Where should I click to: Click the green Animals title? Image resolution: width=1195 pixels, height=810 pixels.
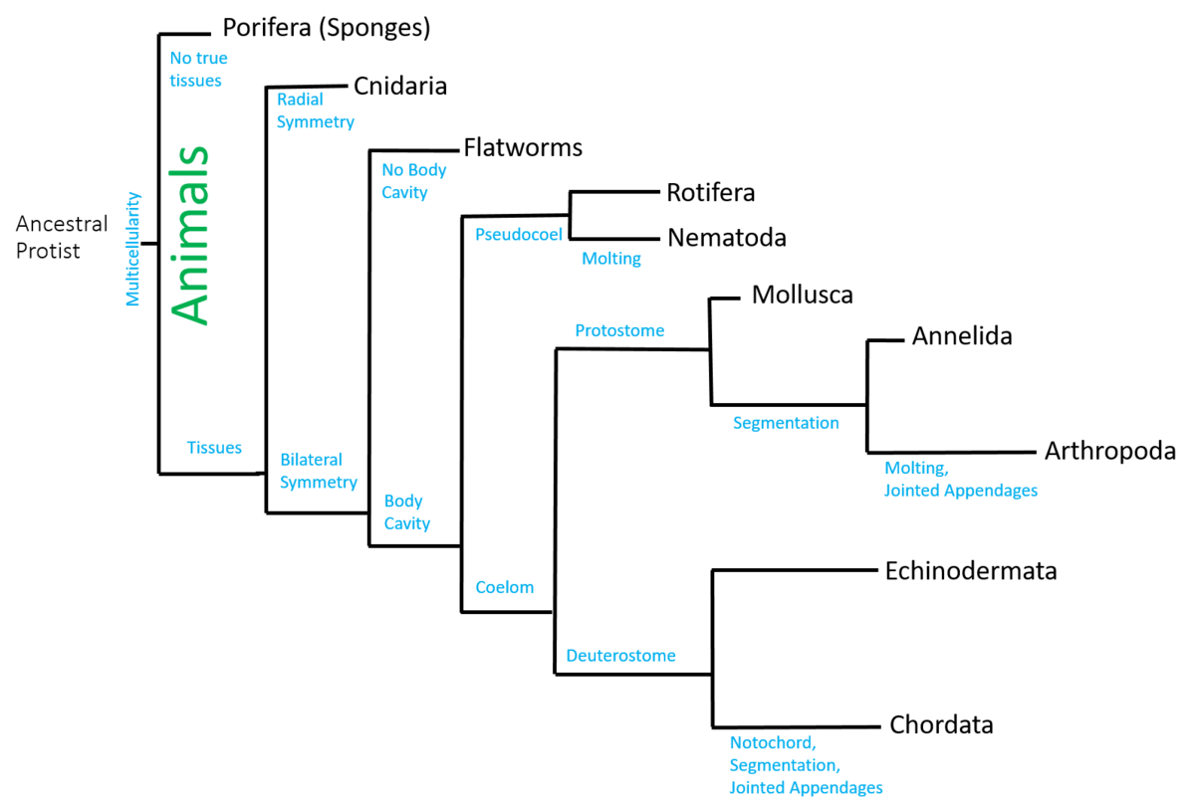tap(189, 236)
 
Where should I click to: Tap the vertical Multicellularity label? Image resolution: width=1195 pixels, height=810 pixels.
tap(133, 249)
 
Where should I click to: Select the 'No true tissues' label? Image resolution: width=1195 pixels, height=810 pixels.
tap(197, 70)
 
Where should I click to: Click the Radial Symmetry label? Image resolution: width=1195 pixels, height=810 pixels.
tap(315, 110)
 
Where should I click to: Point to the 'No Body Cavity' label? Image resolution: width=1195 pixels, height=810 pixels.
tap(413, 181)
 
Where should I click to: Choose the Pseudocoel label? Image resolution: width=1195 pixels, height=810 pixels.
tap(519, 235)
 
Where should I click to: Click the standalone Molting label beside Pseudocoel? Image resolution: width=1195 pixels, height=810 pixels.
tap(611, 259)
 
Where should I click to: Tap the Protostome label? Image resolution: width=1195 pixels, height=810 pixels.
tap(618, 330)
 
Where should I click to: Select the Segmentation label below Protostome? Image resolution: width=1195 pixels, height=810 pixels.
tap(785, 423)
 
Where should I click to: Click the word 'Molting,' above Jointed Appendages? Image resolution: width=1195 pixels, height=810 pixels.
tap(915, 468)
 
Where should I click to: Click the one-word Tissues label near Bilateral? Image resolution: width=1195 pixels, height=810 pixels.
tap(214, 448)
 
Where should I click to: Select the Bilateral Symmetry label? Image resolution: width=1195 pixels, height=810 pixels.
tap(318, 471)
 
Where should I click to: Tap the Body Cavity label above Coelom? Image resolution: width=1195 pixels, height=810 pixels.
tap(406, 512)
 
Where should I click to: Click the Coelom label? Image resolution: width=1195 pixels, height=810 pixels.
tap(504, 587)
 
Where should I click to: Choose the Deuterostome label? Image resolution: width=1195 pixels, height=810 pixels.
tap(620, 656)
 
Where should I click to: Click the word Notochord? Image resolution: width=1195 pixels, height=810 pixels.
tap(772, 742)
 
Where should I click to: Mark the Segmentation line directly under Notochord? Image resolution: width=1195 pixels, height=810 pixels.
tap(784, 765)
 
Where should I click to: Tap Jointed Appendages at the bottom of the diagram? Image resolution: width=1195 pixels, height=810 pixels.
tap(806, 788)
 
